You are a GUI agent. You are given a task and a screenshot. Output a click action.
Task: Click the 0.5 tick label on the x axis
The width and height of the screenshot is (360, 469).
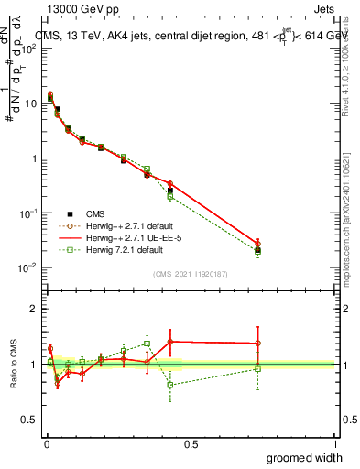[x=191, y=443]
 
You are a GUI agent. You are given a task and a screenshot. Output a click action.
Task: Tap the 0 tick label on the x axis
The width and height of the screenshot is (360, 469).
[x=47, y=443]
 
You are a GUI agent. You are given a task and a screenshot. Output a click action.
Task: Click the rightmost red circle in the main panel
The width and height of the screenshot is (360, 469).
[x=257, y=244]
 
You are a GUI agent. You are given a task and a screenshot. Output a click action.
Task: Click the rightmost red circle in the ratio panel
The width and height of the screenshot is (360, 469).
[x=257, y=344]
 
